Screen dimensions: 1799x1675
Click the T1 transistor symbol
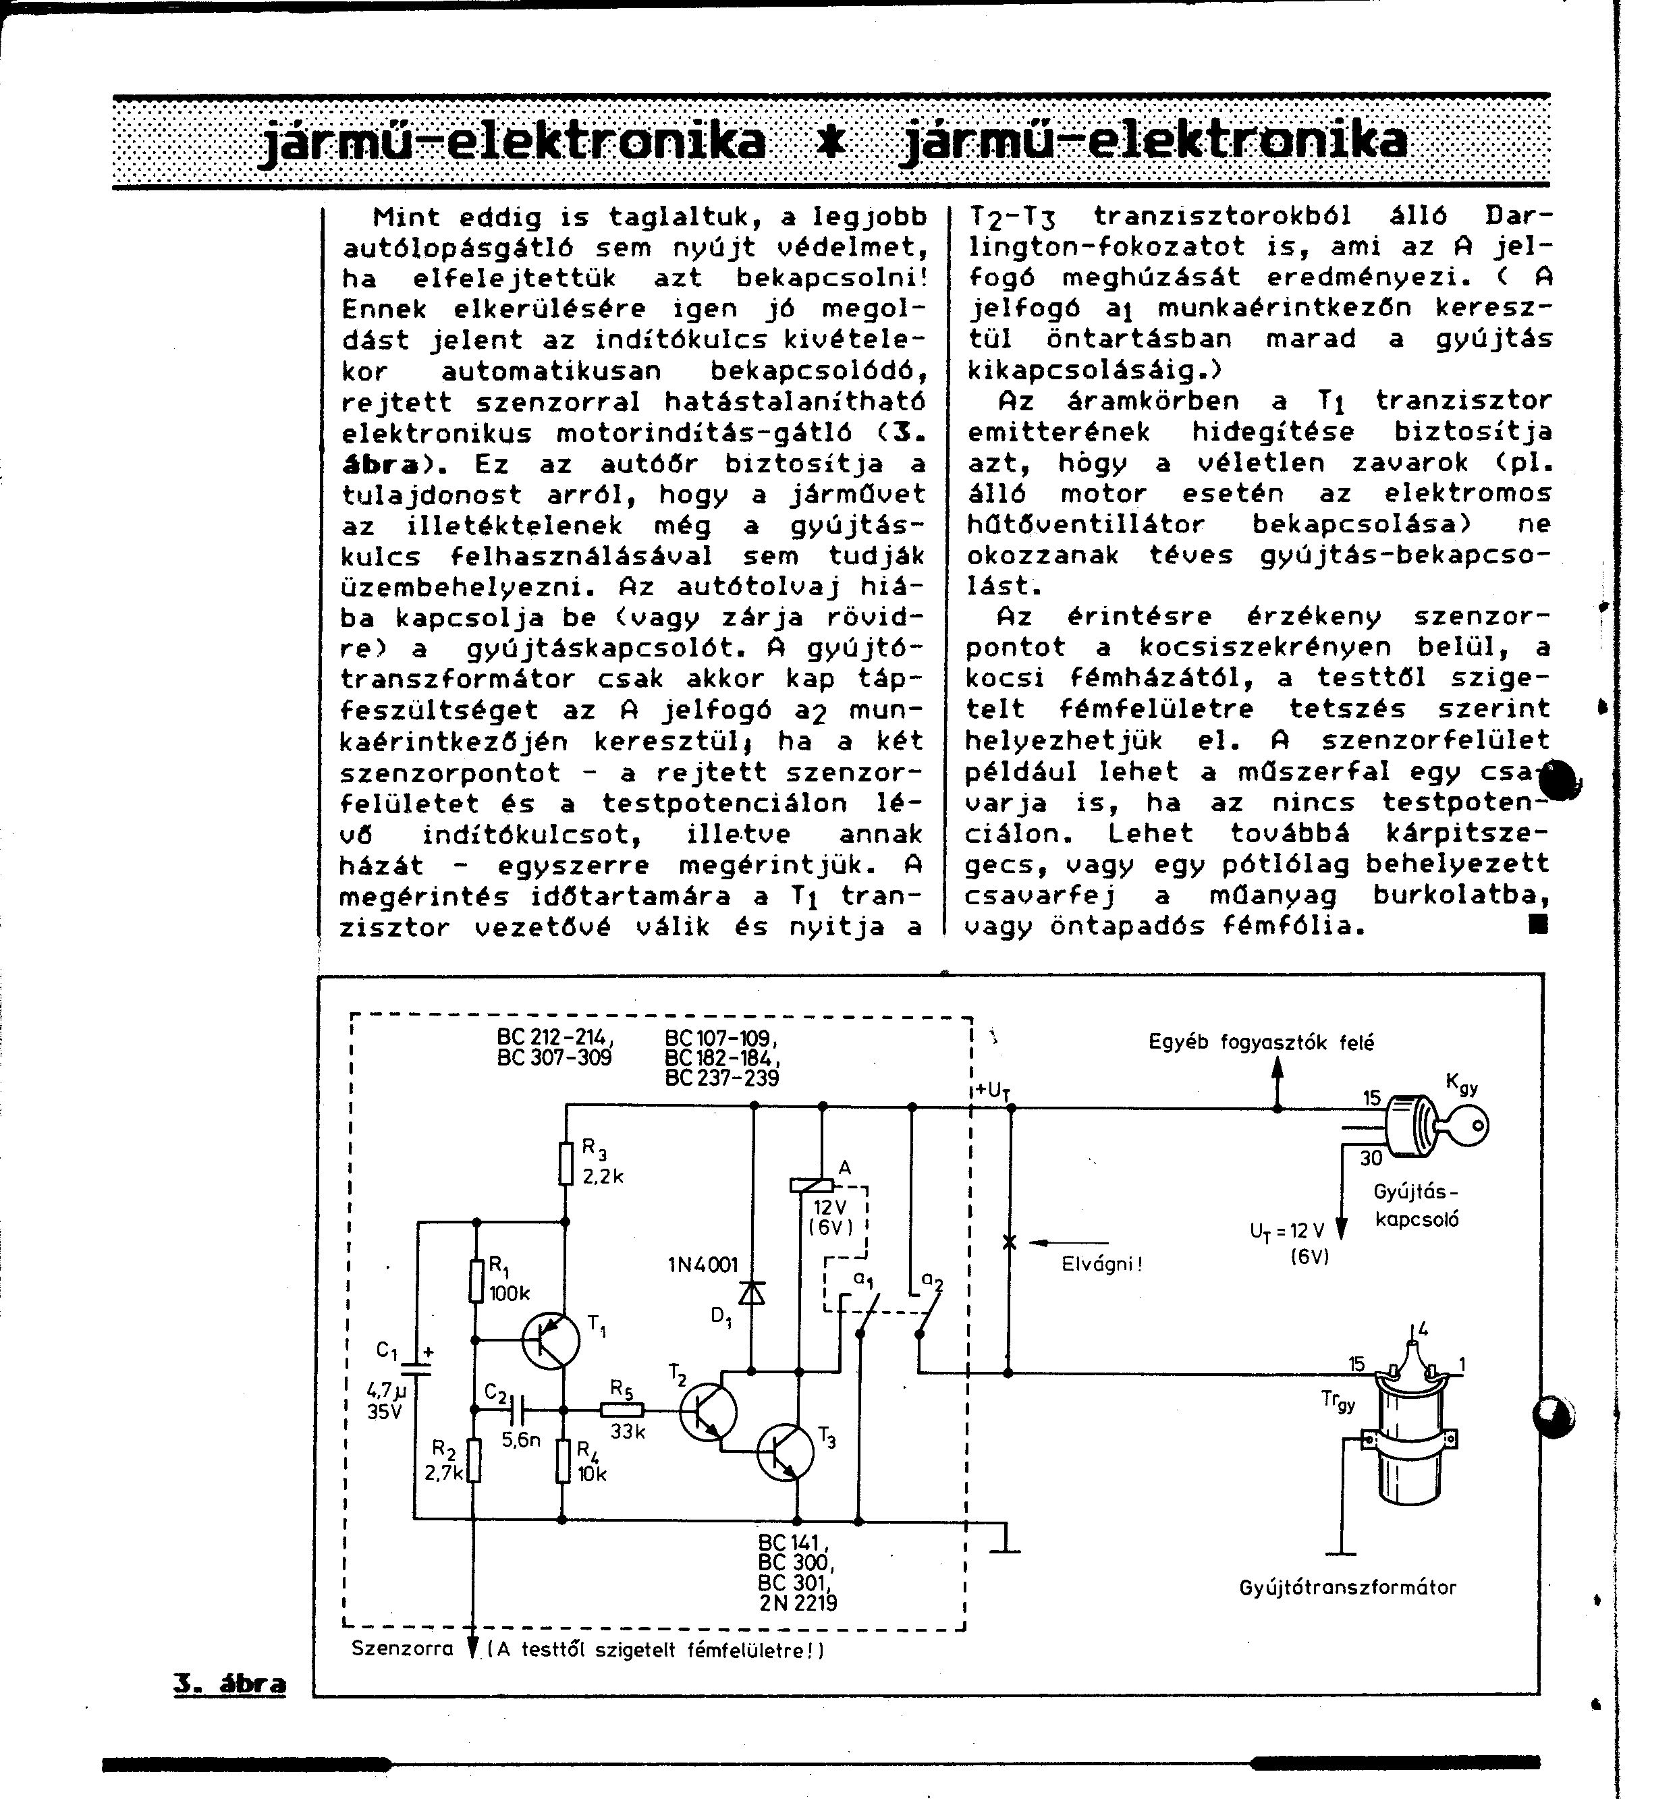[550, 1340]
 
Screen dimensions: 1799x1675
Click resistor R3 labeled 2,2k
[566, 1163]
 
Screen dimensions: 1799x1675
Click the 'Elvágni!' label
[1101, 1264]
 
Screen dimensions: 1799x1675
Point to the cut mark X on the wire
[1010, 1242]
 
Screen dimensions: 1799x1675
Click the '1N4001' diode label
[703, 1264]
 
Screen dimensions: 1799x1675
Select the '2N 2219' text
[798, 1603]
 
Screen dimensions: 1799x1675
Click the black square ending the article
[1537, 924]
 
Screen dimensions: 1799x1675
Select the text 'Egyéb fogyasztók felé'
[1261, 1043]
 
